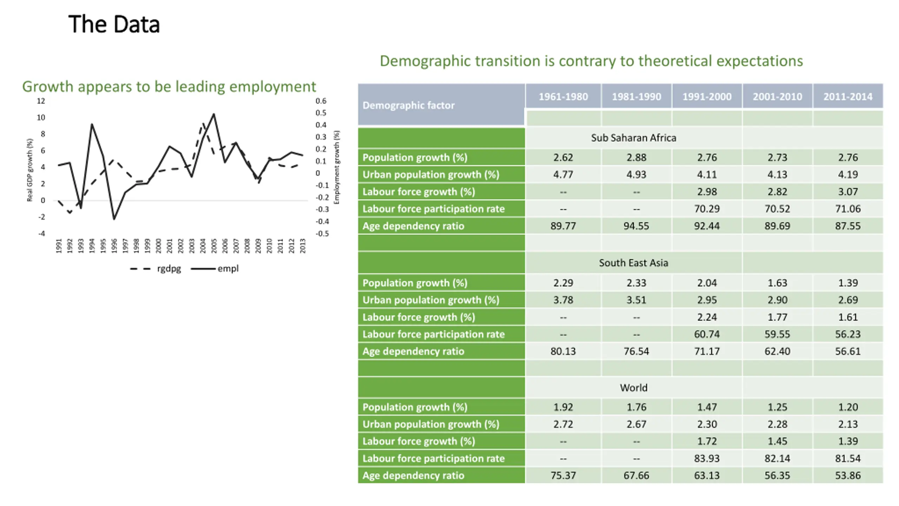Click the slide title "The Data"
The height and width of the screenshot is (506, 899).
114,24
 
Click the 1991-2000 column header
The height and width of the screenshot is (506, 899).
707,97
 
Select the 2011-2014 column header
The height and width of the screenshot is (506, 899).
848,97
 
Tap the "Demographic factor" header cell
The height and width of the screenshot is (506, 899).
408,105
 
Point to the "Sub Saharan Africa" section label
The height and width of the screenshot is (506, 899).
633,138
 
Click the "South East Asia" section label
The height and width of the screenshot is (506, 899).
633,263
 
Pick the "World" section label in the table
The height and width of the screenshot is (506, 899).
633,388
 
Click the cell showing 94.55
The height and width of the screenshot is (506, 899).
636,226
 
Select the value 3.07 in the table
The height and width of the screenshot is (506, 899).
848,192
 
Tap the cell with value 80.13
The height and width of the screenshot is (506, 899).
563,351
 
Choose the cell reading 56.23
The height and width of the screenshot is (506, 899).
848,334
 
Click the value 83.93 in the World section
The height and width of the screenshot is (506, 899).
707,459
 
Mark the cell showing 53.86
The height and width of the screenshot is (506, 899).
848,475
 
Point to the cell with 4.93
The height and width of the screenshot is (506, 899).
636,175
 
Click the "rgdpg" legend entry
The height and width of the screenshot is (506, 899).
169,269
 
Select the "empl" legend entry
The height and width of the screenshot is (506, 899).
228,269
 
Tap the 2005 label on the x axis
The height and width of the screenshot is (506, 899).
214,246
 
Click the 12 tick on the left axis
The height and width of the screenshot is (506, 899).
41,101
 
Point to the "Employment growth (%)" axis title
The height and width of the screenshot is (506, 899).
337,167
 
